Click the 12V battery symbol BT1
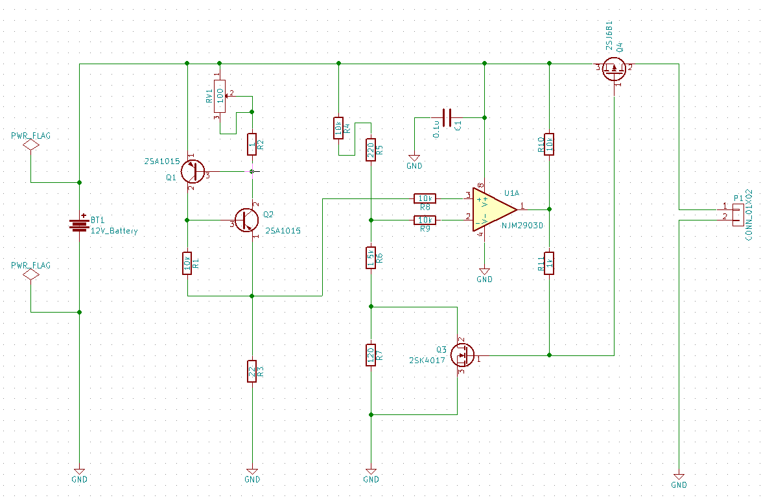79,224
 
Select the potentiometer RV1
220,96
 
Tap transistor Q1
193,171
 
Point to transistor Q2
246,220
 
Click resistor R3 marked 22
252,372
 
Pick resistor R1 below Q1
187,263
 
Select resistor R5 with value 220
371,150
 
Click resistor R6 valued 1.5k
371,257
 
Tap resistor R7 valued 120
371,355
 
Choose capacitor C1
447,117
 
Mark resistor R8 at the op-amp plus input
425,198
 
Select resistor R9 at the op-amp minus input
425,220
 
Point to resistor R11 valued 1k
549,263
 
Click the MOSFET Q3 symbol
462,355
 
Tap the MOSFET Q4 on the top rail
614,69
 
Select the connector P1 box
737,215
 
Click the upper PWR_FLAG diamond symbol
30,145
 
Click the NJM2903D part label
522,226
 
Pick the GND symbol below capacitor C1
414,158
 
